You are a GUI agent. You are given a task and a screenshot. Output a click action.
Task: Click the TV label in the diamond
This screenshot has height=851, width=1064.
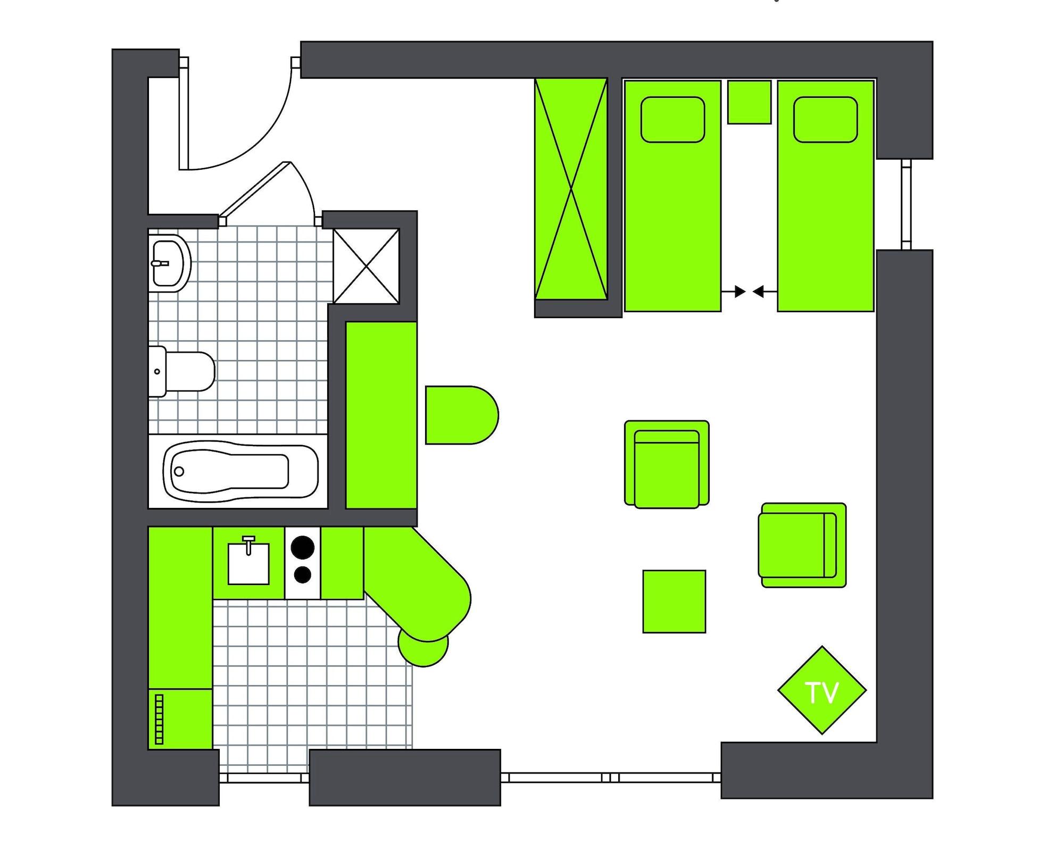click(822, 692)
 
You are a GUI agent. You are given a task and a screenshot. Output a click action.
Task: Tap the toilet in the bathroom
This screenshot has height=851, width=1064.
click(184, 371)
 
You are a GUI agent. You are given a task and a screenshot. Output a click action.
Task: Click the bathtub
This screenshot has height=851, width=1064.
click(239, 471)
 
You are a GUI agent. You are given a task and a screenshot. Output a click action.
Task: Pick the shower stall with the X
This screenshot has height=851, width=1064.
click(367, 266)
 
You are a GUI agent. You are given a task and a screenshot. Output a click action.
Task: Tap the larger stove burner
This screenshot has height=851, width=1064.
click(303, 547)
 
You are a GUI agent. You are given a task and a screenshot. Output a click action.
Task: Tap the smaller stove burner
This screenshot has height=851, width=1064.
click(303, 574)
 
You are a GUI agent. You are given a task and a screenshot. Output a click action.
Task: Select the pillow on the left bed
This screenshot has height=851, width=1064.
click(672, 120)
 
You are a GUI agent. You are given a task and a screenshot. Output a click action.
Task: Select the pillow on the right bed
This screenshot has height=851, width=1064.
click(825, 120)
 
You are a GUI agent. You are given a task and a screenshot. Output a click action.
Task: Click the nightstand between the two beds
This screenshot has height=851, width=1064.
click(749, 102)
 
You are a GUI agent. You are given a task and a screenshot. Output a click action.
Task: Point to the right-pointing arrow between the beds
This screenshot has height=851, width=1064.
click(739, 291)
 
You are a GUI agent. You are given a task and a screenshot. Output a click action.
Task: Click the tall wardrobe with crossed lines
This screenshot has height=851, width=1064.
click(571, 189)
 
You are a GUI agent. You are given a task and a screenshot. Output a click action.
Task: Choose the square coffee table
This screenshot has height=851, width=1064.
click(674, 602)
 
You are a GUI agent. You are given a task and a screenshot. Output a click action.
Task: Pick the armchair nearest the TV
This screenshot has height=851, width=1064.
click(802, 545)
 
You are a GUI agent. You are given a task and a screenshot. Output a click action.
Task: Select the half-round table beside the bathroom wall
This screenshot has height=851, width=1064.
click(460, 415)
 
